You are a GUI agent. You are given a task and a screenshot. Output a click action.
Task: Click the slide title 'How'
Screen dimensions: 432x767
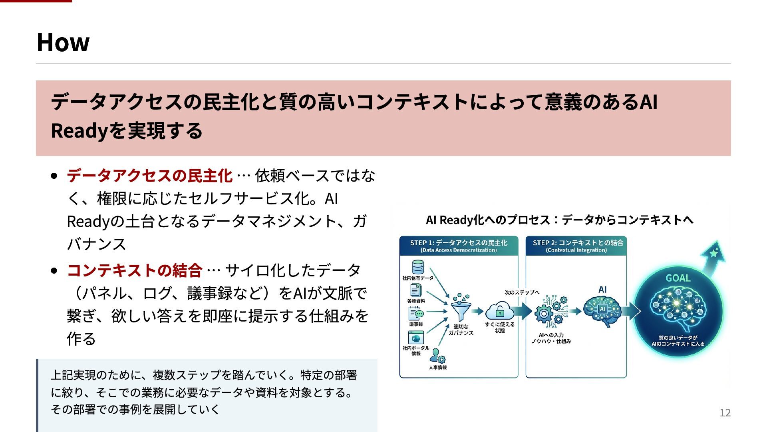click(63, 42)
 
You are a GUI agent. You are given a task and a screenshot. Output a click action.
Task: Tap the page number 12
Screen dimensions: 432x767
click(725, 413)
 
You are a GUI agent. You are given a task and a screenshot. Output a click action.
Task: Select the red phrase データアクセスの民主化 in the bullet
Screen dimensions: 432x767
click(149, 176)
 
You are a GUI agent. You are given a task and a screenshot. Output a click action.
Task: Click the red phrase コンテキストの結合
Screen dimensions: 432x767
click(135, 270)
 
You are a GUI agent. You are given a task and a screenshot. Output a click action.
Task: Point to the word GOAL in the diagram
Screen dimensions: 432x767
click(678, 278)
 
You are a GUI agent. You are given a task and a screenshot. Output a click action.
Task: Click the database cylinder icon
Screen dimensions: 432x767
click(417, 267)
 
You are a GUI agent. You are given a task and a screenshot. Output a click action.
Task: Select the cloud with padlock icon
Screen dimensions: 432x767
click(499, 311)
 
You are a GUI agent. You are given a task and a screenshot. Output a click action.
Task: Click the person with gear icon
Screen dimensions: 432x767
click(438, 356)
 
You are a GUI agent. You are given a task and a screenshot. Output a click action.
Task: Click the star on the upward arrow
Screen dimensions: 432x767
click(714, 253)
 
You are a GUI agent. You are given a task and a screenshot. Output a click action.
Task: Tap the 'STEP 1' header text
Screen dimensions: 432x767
click(458, 243)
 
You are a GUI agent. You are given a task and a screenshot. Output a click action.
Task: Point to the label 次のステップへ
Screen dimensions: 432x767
click(522, 292)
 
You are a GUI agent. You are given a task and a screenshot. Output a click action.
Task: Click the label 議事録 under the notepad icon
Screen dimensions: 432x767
click(416, 324)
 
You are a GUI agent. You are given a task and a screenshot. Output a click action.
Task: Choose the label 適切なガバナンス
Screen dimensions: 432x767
click(461, 330)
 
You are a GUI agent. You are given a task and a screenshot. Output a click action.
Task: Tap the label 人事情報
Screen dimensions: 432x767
click(438, 367)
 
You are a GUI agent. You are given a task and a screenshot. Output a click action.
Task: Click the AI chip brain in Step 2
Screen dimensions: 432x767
click(602, 310)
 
